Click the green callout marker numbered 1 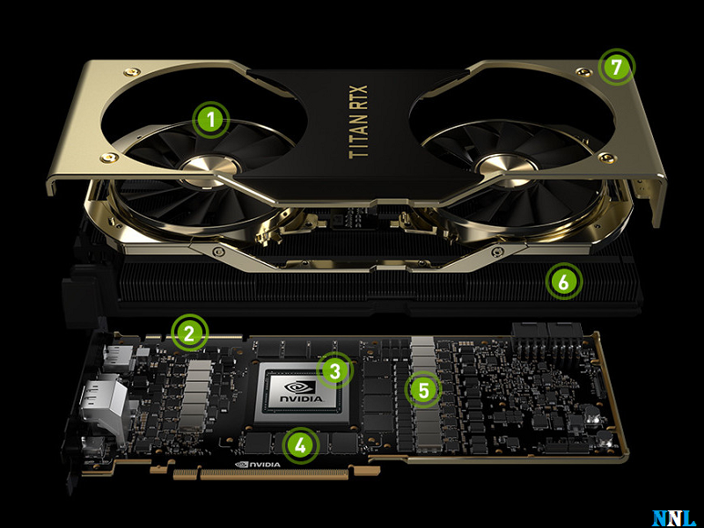210,120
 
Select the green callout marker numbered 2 189,334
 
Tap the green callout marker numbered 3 334,370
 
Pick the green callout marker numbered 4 300,445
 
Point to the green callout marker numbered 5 423,390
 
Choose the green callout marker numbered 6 564,282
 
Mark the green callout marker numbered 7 616,68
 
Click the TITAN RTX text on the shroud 358,121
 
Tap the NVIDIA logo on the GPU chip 301,392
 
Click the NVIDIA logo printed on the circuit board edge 258,465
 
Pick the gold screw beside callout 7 583,72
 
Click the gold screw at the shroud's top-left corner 131,71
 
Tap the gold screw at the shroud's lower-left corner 107,158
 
